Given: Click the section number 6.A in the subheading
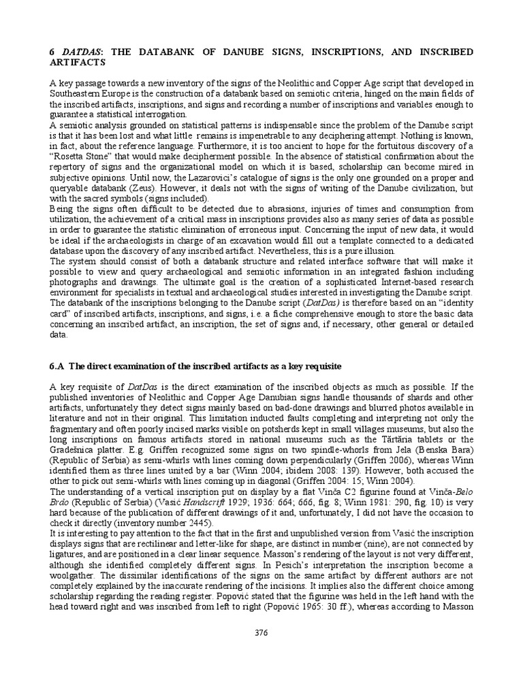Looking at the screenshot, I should (57, 366).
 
